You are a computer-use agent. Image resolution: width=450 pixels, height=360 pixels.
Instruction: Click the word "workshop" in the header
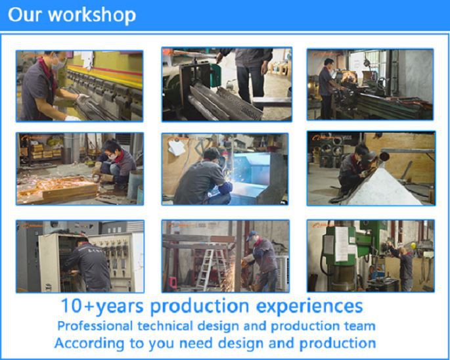tap(94, 15)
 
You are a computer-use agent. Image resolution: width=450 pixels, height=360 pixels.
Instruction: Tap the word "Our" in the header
tap(27, 15)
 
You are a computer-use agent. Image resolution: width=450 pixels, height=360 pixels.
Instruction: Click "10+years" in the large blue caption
tap(102, 306)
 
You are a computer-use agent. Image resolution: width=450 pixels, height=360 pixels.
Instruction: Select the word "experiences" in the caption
tap(310, 306)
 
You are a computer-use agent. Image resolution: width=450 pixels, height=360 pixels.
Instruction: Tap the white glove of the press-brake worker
tap(82, 98)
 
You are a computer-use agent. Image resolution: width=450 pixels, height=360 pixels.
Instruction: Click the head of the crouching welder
tap(210, 155)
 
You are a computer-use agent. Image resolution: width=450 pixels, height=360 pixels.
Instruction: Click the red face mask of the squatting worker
tap(116, 157)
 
